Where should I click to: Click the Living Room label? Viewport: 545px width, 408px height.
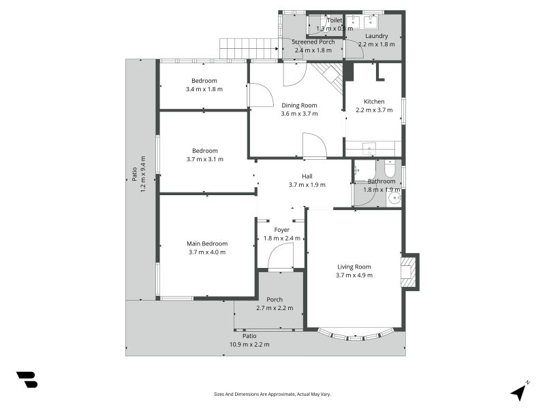[x=354, y=267]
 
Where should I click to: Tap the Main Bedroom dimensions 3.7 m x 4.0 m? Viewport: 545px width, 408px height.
[x=207, y=252]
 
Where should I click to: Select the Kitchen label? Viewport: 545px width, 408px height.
[x=374, y=101]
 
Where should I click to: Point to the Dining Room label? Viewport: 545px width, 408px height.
[x=300, y=105]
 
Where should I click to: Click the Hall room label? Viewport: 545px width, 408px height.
[x=307, y=176]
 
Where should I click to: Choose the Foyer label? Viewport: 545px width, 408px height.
[x=281, y=230]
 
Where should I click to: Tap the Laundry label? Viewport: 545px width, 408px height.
[x=377, y=36]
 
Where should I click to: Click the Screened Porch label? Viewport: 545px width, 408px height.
[x=314, y=41]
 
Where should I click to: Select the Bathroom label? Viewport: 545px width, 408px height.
[x=381, y=181]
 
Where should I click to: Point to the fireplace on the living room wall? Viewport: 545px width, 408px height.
[x=409, y=271]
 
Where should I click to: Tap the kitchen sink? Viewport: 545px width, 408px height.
[x=368, y=148]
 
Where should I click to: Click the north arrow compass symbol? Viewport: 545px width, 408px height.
[x=520, y=390]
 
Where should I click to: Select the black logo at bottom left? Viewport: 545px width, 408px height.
[x=27, y=379]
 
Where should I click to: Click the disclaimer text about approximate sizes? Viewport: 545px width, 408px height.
[x=272, y=394]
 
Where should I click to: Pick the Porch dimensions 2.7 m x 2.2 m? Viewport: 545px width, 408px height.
[x=275, y=308]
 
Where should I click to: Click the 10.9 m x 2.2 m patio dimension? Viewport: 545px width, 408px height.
[x=249, y=344]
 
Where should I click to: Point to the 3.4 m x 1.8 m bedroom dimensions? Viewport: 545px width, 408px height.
[x=204, y=89]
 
